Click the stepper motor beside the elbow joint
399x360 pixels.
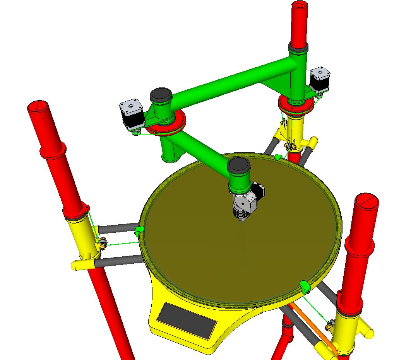coord(131,113)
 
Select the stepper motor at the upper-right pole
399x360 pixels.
coord(320,79)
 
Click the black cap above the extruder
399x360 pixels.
coord(239,166)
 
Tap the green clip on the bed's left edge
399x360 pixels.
coord(140,231)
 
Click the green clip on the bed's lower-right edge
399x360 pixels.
coord(305,287)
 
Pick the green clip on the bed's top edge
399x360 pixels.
coord(277,157)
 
